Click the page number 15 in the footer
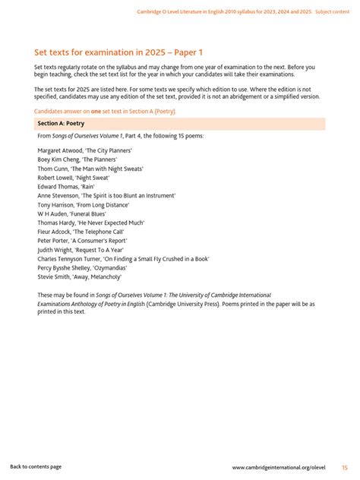tap(345, 467)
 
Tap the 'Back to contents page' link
tap(36, 467)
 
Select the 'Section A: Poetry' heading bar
tap(180, 123)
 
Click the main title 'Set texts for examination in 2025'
tap(118, 52)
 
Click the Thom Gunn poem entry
tap(90, 169)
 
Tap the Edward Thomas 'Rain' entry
tap(68, 187)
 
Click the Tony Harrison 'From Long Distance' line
tap(84, 205)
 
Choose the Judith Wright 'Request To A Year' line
tap(80, 250)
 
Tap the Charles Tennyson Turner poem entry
tap(123, 259)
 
